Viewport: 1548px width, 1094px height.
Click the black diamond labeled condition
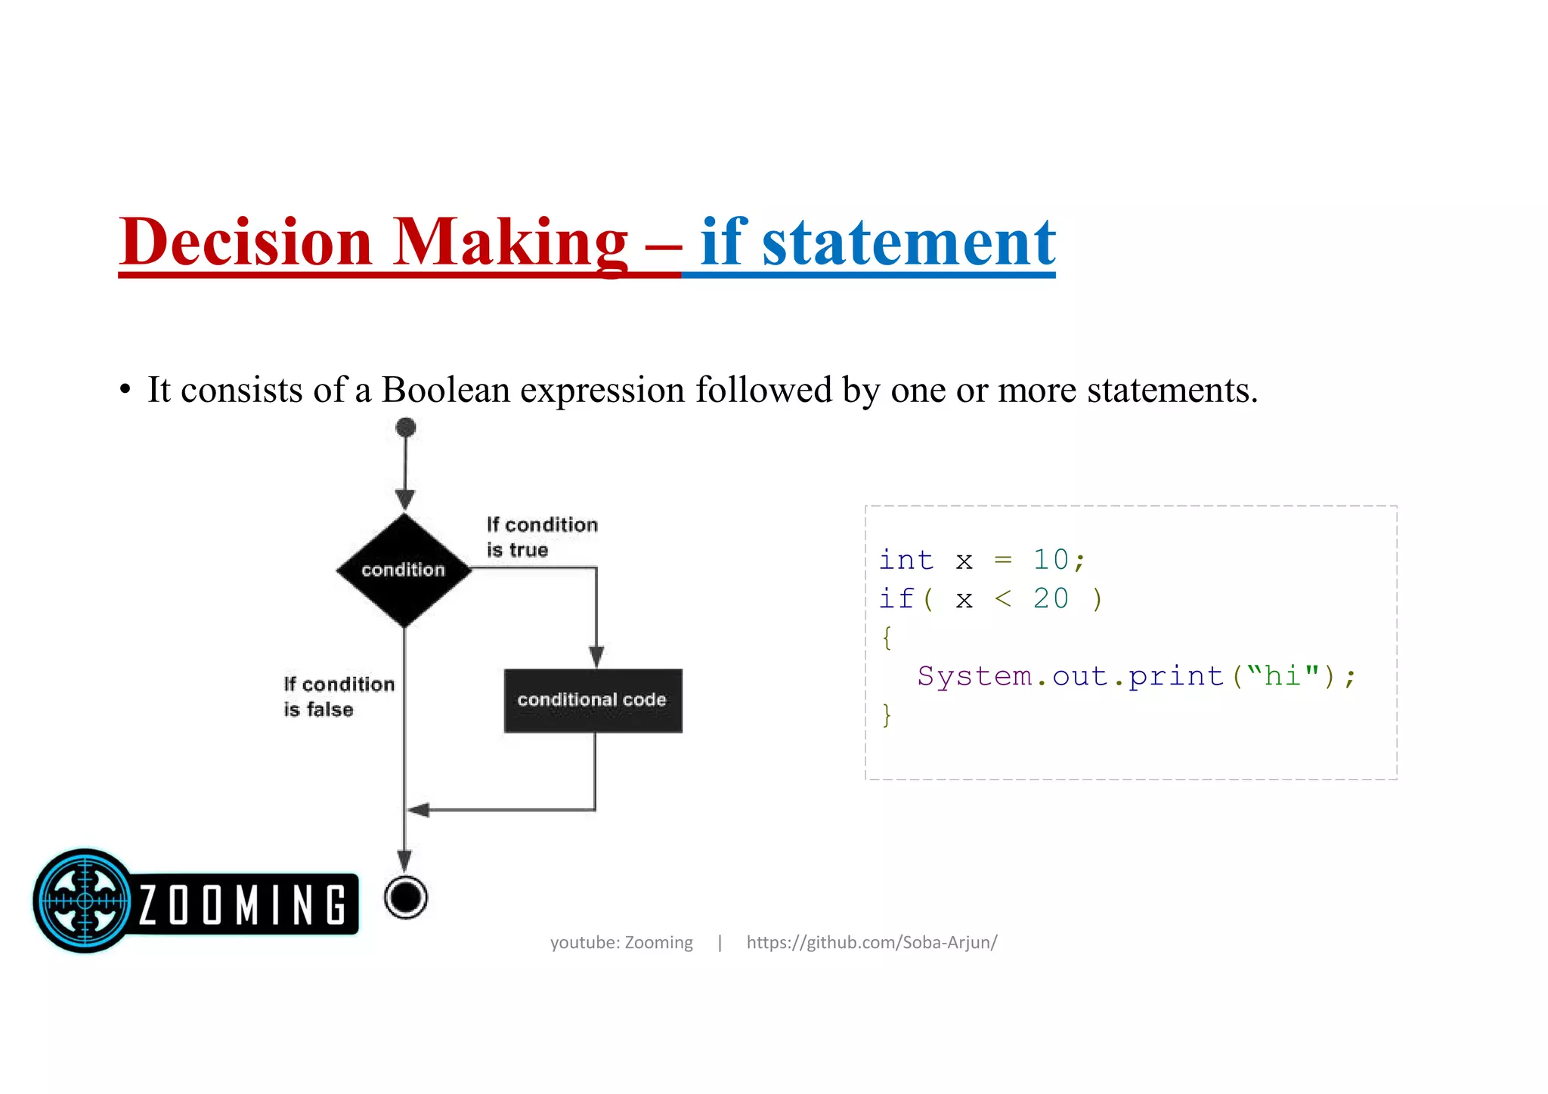[404, 570]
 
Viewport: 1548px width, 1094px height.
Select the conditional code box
[593, 700]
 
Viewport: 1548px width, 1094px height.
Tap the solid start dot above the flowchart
[406, 428]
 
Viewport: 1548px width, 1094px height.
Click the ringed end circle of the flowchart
[406, 898]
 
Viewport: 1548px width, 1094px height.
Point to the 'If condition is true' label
[541, 537]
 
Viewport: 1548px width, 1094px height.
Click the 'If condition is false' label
[338, 697]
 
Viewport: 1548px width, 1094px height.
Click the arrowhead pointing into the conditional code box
[596, 656]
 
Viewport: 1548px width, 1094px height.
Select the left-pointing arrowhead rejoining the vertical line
[418, 810]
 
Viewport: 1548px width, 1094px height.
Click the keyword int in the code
[906, 560]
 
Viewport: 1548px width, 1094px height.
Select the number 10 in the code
[1051, 560]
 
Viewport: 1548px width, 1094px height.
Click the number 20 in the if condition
[1051, 599]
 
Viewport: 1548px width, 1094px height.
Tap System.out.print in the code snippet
[1070, 676]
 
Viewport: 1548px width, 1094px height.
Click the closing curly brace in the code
[887, 715]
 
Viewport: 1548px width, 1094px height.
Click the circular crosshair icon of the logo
[85, 900]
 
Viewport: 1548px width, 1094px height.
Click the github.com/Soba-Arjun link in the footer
[872, 942]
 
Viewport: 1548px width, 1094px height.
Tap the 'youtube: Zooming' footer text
[621, 942]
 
